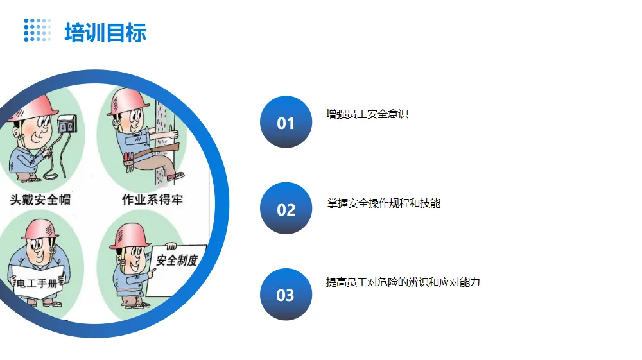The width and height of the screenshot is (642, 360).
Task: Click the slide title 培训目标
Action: (x=105, y=32)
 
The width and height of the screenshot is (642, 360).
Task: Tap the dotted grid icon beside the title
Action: (x=37, y=30)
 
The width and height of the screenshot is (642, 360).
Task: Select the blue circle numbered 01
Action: (x=286, y=123)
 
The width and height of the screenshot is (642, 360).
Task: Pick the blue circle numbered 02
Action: (x=286, y=209)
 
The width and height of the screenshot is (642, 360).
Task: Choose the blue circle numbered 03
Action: (x=286, y=295)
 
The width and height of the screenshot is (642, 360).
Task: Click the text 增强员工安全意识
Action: (x=367, y=115)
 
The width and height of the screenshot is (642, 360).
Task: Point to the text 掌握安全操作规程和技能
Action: (x=384, y=204)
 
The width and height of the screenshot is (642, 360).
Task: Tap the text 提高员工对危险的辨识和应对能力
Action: (x=403, y=282)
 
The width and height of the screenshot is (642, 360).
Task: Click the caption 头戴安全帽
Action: (x=40, y=200)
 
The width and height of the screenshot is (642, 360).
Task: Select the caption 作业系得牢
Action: (x=152, y=200)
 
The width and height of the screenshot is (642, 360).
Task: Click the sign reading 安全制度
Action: (x=177, y=260)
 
